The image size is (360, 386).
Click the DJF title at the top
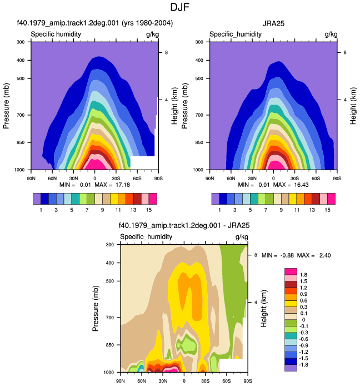(x=180, y=7)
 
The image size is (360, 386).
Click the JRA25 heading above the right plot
(x=273, y=23)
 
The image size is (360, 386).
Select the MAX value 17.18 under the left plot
(x=122, y=185)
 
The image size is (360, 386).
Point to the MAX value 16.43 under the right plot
(x=301, y=185)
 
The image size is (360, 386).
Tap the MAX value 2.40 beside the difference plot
(x=325, y=255)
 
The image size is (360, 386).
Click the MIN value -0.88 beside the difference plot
(x=287, y=255)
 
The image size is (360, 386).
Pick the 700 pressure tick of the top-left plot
(x=21, y=115)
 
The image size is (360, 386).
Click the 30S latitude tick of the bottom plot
(x=206, y=381)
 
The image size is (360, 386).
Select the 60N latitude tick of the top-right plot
(x=231, y=178)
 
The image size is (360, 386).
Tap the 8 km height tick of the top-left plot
(x=166, y=52)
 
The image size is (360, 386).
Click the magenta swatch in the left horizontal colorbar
(x=153, y=199)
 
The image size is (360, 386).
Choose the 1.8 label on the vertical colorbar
(x=303, y=275)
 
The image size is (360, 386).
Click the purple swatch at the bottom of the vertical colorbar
(x=291, y=368)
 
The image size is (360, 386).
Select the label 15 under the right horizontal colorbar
(x=327, y=210)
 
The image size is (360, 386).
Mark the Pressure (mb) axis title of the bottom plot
(x=96, y=308)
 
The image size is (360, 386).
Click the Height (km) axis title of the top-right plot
(x=353, y=106)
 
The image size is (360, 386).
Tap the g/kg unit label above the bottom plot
(x=242, y=237)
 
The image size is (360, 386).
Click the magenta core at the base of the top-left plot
(x=98, y=165)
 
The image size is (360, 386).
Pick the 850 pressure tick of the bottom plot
(x=109, y=345)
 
